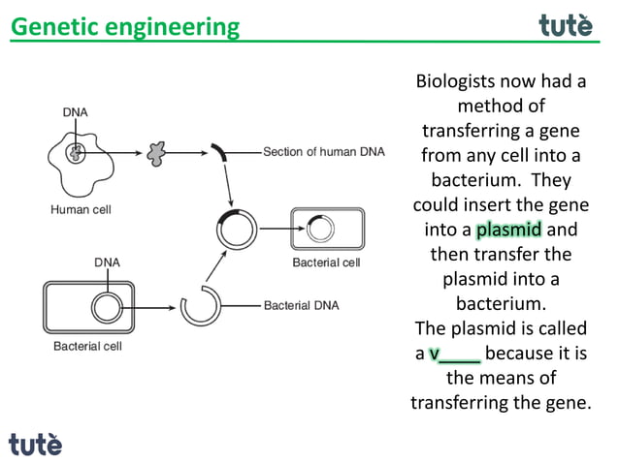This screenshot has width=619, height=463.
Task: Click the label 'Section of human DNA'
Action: click(324, 152)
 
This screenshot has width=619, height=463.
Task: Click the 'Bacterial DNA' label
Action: click(301, 305)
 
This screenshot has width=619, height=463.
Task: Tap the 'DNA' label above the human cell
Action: click(75, 112)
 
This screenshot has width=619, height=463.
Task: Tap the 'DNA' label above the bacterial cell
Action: click(107, 262)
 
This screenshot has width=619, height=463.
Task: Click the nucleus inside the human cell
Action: click(75, 152)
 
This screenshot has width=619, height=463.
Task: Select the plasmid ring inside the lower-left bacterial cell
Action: click(106, 308)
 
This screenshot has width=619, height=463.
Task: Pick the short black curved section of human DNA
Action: click(221, 152)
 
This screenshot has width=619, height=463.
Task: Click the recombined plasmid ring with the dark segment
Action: click(237, 230)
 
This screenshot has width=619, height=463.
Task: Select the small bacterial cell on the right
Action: click(327, 231)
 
